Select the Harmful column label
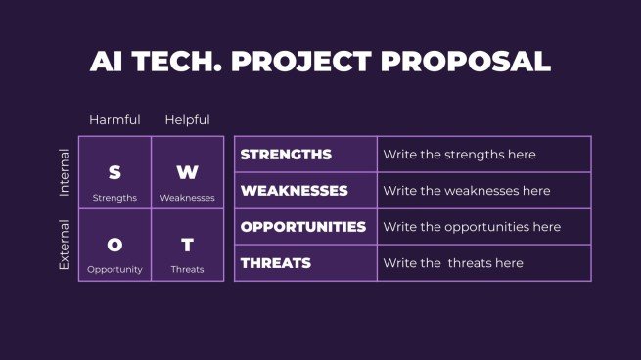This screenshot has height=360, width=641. (114, 120)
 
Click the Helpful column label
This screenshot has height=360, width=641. (187, 120)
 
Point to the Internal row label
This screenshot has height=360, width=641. (65, 172)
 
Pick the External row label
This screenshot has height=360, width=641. (65, 245)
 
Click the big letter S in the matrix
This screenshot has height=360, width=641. (114, 173)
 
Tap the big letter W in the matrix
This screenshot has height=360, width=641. (187, 173)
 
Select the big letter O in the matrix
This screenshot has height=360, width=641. (114, 246)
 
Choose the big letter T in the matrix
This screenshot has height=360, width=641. (187, 246)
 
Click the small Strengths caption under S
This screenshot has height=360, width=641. (114, 198)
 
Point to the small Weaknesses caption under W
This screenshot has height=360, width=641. (187, 198)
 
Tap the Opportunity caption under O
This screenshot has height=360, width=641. (114, 269)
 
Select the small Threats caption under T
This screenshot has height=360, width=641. (187, 269)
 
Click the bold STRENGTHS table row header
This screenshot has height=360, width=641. (286, 155)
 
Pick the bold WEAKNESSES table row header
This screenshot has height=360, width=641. (293, 191)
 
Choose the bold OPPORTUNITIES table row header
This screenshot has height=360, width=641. (303, 227)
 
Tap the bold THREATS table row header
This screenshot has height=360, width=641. (276, 263)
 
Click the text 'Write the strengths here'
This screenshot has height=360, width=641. (459, 155)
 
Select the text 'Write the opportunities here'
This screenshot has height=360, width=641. (472, 227)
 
